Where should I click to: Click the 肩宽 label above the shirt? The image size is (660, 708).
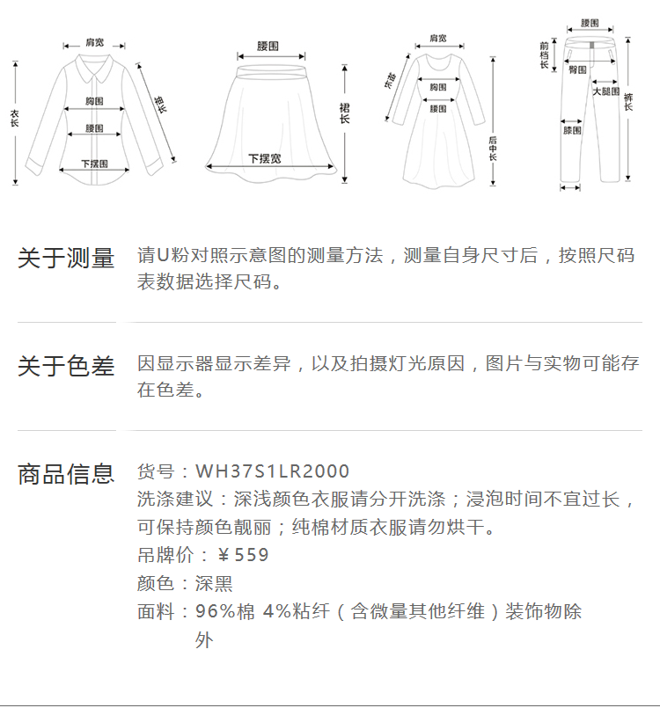click(94, 42)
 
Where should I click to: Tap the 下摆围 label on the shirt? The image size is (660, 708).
click(94, 164)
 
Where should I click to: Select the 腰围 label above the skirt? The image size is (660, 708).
click(268, 46)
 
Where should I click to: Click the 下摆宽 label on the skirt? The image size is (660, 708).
click(265, 158)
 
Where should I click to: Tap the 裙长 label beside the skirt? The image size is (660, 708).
click(345, 113)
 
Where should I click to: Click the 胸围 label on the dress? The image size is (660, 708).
click(437, 87)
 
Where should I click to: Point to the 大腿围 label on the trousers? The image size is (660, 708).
click(605, 91)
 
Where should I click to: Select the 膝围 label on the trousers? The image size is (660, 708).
click(572, 130)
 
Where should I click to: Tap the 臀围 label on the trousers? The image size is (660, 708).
click(577, 69)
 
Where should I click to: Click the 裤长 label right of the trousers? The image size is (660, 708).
click(629, 99)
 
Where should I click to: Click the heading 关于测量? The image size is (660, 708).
click(66, 259)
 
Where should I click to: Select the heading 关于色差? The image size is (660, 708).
click(66, 366)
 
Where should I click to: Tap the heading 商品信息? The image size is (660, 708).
click(66, 474)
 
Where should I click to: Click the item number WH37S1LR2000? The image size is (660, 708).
click(272, 471)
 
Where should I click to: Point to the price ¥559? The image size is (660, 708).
click(243, 555)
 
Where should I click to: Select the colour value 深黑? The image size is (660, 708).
click(214, 583)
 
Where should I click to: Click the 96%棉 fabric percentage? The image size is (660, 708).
click(224, 611)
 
